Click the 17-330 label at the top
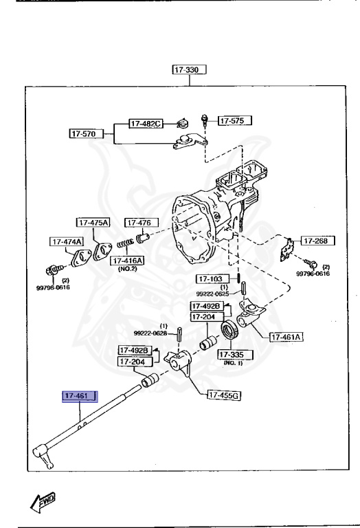190,69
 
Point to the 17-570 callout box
87,133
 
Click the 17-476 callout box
141,222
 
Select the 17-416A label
126,261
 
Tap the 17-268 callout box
317,241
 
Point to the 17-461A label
286,337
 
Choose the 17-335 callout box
235,354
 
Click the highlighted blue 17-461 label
80,396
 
